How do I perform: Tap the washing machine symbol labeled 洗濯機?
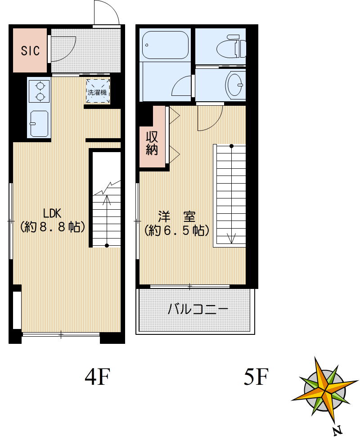(x=98, y=92)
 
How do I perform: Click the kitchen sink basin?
(x=39, y=122)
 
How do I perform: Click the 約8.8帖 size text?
(x=53, y=227)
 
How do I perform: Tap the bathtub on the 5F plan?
(x=165, y=45)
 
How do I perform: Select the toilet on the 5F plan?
(x=231, y=47)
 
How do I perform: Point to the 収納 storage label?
(x=152, y=143)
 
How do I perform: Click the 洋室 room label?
(x=176, y=217)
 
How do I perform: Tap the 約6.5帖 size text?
(x=176, y=231)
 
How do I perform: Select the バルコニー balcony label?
(x=198, y=310)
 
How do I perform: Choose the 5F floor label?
(x=256, y=377)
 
